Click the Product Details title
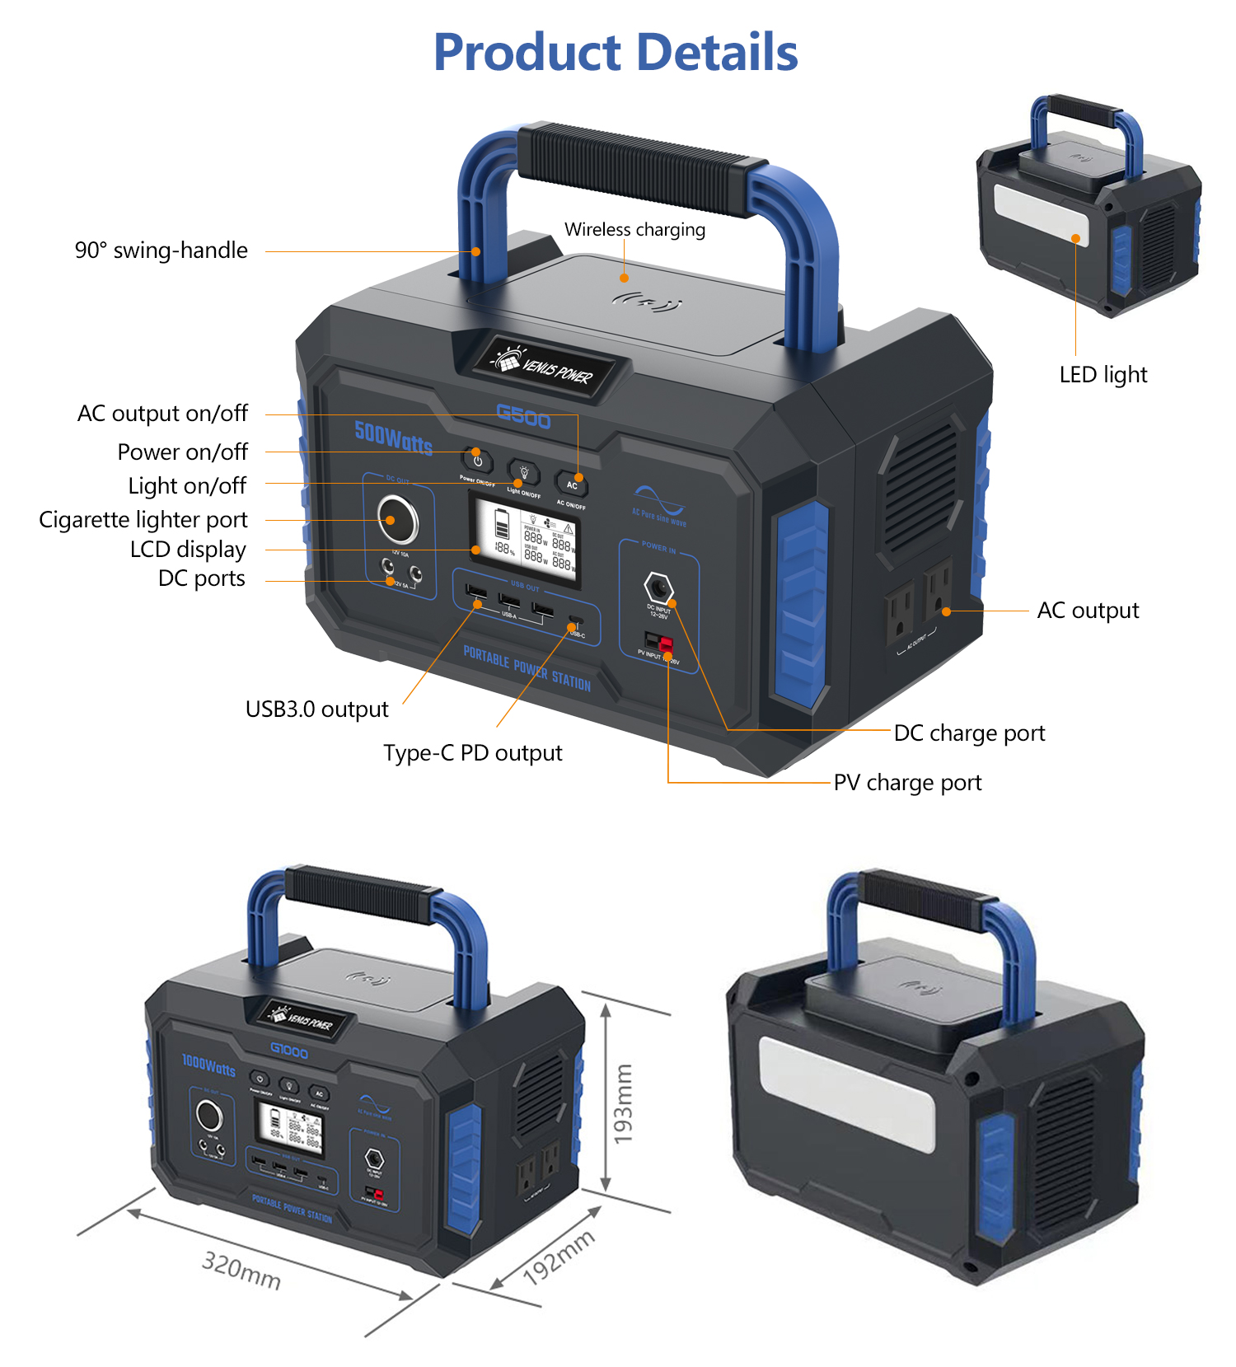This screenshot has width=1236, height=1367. click(x=616, y=53)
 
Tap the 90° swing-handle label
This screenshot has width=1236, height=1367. click(x=162, y=250)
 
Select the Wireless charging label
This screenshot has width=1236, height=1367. click(x=634, y=230)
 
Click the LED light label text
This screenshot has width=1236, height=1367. click(x=1103, y=375)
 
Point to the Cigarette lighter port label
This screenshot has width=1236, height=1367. click(x=143, y=520)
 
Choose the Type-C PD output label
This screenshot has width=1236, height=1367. click(x=472, y=753)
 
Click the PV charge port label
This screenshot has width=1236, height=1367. click(x=907, y=783)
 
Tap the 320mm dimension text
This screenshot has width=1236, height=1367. click(x=241, y=1270)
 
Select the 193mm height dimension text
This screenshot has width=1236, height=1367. click(x=624, y=1103)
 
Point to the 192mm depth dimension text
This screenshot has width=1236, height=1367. click(x=559, y=1257)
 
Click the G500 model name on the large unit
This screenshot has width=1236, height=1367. click(x=523, y=417)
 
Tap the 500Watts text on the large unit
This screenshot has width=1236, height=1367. click(x=393, y=438)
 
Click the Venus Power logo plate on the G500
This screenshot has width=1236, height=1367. click(x=544, y=367)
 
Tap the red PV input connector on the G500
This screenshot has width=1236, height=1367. click(x=666, y=644)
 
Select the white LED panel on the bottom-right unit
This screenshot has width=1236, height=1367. click(x=847, y=1093)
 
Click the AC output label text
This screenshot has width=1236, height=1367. click(x=1088, y=611)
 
